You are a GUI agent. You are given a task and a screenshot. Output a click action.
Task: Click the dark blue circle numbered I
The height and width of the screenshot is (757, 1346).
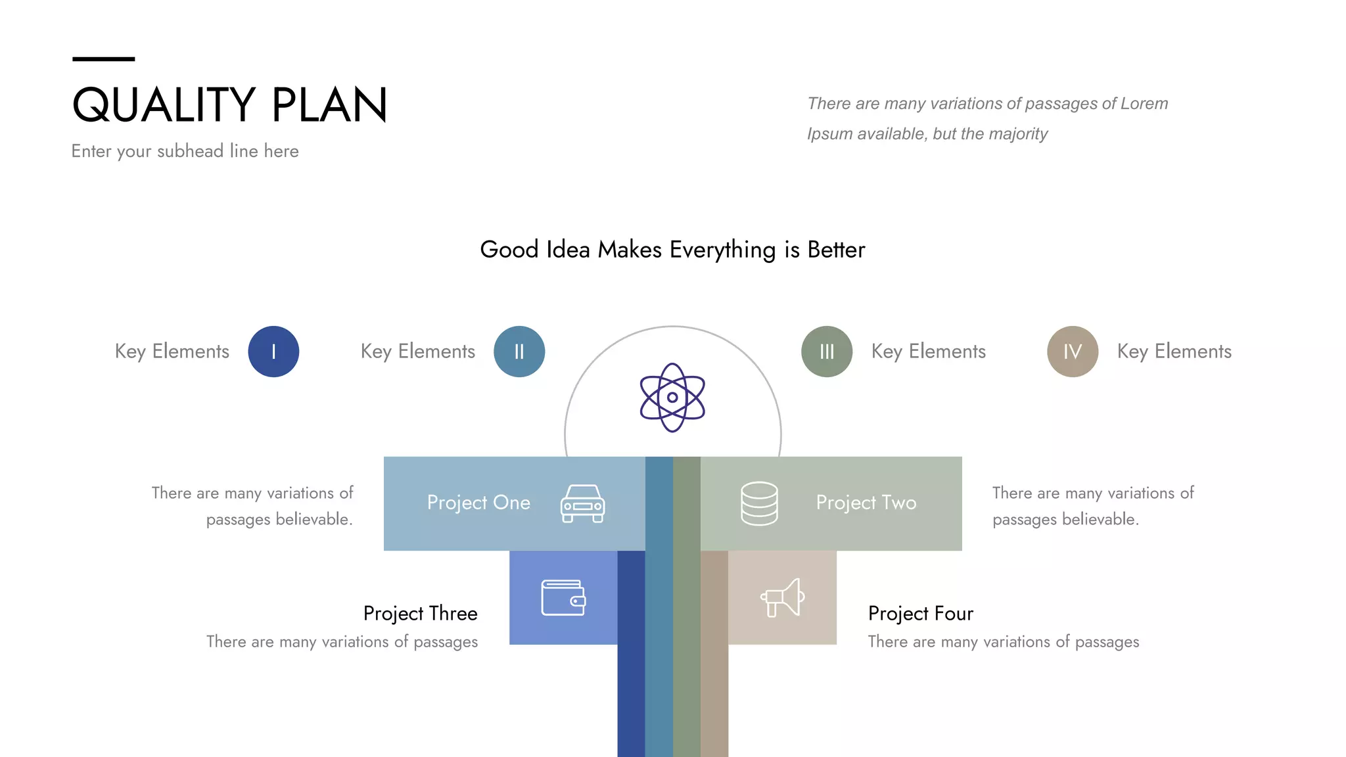point(273,352)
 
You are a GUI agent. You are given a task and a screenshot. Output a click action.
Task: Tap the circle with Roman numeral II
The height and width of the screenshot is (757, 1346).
point(519,352)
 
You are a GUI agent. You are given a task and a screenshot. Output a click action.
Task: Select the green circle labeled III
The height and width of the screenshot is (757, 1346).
point(827,352)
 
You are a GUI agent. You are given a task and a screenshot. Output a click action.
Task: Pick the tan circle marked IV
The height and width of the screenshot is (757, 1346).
point(1073,352)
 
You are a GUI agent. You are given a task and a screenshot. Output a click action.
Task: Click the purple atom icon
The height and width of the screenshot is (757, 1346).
point(672,398)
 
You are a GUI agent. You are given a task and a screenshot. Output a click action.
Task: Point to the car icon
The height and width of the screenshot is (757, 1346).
point(582,504)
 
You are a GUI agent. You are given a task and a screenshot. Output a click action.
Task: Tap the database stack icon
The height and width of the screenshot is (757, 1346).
point(759,503)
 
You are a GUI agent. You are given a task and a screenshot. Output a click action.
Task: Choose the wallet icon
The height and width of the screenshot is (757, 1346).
point(563,598)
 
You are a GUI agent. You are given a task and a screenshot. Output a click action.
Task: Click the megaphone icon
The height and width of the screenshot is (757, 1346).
point(783,598)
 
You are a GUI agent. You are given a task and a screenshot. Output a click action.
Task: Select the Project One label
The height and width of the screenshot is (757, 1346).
point(478,503)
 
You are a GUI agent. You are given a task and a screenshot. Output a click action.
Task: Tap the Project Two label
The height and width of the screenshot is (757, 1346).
point(866,503)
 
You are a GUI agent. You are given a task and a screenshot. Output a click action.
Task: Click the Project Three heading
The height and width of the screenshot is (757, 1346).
point(421,613)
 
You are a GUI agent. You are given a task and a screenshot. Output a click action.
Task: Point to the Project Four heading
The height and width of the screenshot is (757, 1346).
point(920,613)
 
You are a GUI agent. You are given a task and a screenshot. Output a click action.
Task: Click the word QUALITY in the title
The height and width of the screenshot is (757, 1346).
point(164,105)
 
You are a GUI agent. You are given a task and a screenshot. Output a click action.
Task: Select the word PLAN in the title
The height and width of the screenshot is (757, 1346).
point(329,105)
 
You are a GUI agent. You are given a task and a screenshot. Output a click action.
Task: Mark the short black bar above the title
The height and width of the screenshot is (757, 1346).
point(103,59)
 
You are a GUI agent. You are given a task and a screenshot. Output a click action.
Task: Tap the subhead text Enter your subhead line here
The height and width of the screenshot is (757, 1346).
point(185,151)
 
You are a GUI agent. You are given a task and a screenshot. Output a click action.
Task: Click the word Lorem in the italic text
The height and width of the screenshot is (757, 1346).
point(1144,104)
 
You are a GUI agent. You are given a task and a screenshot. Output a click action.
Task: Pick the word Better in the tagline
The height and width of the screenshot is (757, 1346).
point(836,250)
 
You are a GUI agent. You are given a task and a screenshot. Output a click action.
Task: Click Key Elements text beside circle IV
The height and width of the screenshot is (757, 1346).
point(1174,352)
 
